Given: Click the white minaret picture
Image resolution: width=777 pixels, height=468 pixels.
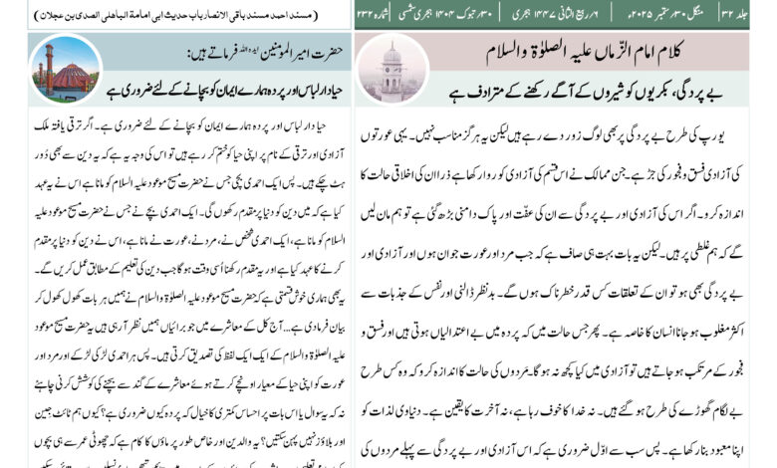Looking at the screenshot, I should click(392, 68).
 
